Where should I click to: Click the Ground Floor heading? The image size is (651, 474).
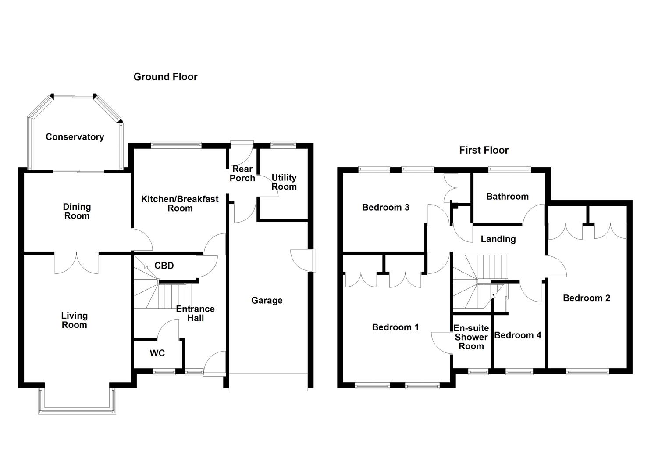click(165, 77)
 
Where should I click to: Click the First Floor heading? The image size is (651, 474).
click(484, 150)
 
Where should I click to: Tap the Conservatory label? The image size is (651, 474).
click(75, 137)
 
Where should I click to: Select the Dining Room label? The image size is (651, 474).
click(77, 211)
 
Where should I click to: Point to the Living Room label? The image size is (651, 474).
click(74, 320)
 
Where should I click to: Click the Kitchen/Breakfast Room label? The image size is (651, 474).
click(180, 204)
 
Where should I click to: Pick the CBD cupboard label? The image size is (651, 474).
click(164, 266)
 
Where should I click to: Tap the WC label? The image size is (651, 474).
click(157, 353)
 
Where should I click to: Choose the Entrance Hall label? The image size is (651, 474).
click(195, 313)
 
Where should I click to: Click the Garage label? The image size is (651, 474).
click(267, 301)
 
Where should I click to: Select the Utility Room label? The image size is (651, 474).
click(284, 182)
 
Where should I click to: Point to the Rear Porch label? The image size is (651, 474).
click(242, 174)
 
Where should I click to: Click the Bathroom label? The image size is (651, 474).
click(507, 197)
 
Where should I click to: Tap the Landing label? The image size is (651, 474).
click(498, 239)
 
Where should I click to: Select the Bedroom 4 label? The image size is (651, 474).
click(518, 335)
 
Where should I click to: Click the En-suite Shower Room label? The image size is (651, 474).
click(471, 337)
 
